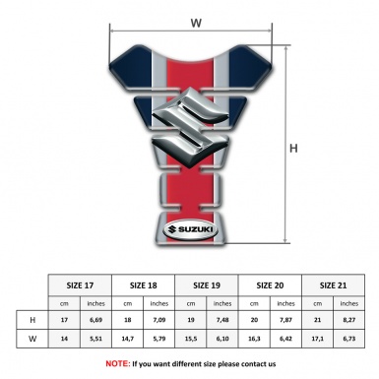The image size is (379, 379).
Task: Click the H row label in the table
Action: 32,319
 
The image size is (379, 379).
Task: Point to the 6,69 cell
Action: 95,319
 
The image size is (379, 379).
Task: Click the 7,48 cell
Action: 222,319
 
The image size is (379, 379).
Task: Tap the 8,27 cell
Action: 349,319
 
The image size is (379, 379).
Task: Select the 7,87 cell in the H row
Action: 285,319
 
